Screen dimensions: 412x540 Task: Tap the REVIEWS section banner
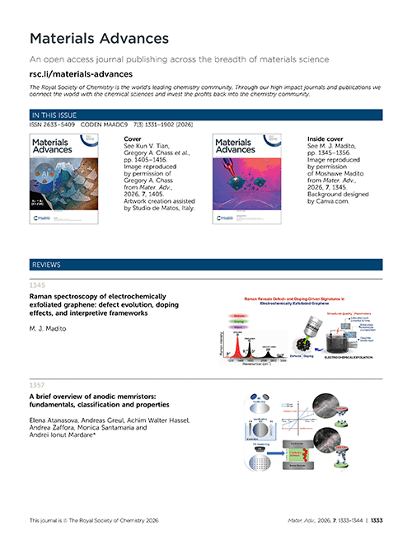pyautogui.click(x=206, y=265)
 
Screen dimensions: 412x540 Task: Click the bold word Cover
pyautogui.click(x=131, y=140)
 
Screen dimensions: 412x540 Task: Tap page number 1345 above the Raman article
pyautogui.click(x=37, y=285)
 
